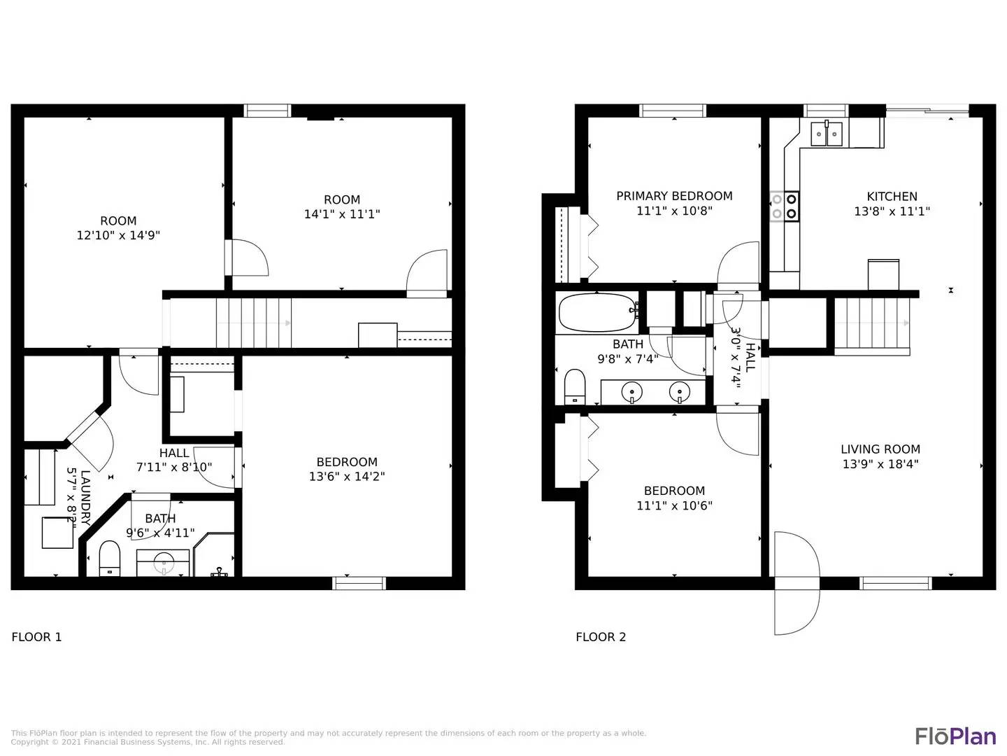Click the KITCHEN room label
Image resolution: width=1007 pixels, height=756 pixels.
click(892, 197)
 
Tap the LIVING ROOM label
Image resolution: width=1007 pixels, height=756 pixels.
click(880, 449)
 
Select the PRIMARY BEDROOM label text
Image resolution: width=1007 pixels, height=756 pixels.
click(674, 196)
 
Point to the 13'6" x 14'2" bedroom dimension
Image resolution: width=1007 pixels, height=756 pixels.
click(347, 477)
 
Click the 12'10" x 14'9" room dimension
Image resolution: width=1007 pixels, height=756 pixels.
click(118, 236)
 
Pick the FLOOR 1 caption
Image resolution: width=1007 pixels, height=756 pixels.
click(36, 637)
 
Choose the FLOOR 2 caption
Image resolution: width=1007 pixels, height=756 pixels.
click(601, 637)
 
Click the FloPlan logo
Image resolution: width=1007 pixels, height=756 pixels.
click(955, 736)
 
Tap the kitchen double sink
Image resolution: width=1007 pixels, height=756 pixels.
click(827, 133)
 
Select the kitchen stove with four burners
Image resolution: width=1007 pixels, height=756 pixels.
click(784, 206)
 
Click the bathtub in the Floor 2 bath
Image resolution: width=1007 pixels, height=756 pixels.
click(597, 313)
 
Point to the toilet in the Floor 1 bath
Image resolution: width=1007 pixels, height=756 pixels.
click(110, 558)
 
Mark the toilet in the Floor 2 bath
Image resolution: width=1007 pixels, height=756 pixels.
click(575, 386)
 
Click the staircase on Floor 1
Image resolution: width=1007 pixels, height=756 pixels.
click(253, 323)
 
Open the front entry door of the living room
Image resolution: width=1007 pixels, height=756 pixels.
click(797, 582)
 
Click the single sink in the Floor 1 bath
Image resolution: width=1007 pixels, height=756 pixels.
click(164, 561)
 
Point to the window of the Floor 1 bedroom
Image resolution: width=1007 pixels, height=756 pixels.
click(359, 583)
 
